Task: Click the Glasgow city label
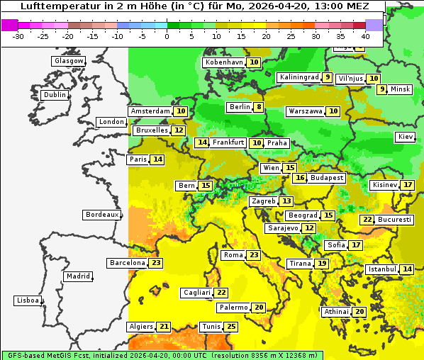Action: [68, 61]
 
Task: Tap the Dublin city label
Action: [54, 95]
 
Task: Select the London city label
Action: [111, 122]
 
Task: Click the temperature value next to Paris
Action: [157, 159]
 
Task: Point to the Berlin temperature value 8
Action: [260, 108]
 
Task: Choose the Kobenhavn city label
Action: [224, 62]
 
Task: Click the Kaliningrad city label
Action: [299, 77]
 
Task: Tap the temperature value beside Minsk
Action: [382, 89]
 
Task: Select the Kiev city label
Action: [406, 137]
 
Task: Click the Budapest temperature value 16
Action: [301, 178]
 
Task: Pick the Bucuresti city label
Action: [395, 220]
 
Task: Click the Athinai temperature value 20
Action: [360, 312]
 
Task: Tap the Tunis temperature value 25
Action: [231, 327]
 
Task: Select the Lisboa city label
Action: [27, 300]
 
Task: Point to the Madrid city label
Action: [77, 276]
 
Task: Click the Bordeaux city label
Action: [101, 214]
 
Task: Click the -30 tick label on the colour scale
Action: [19, 35]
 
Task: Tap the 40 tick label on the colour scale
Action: [365, 35]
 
